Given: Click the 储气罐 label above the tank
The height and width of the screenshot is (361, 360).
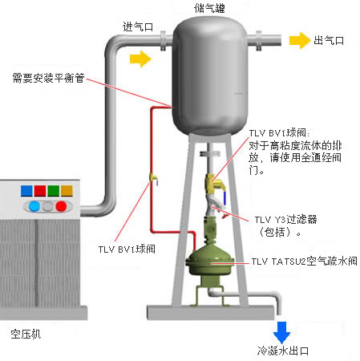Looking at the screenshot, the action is (x=209, y=8).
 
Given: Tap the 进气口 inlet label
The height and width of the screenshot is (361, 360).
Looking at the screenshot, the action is (x=138, y=26).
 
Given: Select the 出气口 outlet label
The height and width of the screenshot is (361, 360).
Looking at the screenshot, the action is (x=329, y=41).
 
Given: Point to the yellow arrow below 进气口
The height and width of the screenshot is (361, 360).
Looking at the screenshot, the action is (x=140, y=59).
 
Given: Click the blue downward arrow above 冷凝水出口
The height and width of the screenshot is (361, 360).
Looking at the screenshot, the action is (x=281, y=332).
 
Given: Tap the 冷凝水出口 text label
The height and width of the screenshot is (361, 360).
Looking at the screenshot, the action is (x=283, y=351).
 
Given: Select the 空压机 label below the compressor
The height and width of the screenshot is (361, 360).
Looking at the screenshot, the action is (x=26, y=334).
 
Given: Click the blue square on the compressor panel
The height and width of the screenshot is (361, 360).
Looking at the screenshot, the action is (x=26, y=191).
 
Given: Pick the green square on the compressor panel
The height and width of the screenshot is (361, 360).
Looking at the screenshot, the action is (x=54, y=191).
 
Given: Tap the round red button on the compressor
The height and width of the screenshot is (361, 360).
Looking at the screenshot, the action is (x=61, y=206).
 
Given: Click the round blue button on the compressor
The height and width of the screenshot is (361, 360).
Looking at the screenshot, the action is (x=34, y=206).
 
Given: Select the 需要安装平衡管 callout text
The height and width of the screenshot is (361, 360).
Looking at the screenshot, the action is (x=48, y=78).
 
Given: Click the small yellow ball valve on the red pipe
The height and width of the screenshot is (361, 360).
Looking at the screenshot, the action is (x=154, y=178).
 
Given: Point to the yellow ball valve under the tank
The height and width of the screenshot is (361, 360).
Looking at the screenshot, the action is (x=215, y=184).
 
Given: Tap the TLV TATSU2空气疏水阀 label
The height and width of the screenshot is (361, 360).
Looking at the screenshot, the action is (x=304, y=261).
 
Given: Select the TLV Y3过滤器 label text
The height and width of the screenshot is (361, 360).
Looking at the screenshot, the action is (x=285, y=220).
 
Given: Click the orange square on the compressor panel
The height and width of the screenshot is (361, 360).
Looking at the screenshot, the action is (x=67, y=191).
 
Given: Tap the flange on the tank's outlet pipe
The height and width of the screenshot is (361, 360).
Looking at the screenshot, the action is (x=259, y=41).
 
